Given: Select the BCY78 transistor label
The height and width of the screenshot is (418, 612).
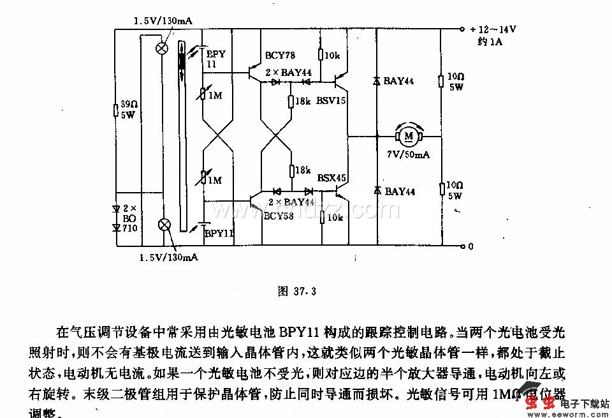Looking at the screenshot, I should coord(280,56).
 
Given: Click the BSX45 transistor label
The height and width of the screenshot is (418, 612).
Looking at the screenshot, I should coord(331,178).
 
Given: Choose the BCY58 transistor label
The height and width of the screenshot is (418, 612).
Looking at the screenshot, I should coord(279,216).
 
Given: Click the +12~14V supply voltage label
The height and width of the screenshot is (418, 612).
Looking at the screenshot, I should coord(493,29).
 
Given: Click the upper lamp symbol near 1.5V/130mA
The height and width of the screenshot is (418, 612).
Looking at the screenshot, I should coord(163,47).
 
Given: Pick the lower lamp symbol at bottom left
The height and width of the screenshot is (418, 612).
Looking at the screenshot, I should coord(164,224).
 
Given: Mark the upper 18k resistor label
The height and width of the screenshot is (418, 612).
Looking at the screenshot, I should coord(303,101).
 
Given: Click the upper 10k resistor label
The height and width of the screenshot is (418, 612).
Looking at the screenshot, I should coord(332,56).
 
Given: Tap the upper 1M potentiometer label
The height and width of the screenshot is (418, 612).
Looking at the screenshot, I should coord(214,96).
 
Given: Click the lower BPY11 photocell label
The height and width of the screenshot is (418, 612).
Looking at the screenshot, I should coord(219,234).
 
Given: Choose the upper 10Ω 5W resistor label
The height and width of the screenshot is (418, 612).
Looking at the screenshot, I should coord(455,82).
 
